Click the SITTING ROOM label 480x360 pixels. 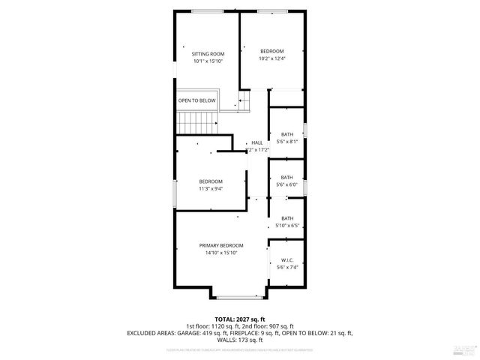click(208, 54)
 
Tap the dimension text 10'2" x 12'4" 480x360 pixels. click(272, 58)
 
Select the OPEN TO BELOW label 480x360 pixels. click(196, 100)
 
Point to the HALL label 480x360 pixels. click(257, 142)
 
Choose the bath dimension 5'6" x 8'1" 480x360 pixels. click(287, 141)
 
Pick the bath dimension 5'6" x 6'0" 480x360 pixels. click(287, 184)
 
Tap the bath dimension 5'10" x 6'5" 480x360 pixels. click(287, 225)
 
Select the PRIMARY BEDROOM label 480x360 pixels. click(221, 246)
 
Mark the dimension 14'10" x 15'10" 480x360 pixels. click(221, 253)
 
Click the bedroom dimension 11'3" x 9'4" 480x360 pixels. click(211, 188)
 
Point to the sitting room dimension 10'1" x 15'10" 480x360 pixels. click(208, 61)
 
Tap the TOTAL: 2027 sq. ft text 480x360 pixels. click(239, 318)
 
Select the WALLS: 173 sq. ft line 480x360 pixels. click(239, 339)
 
